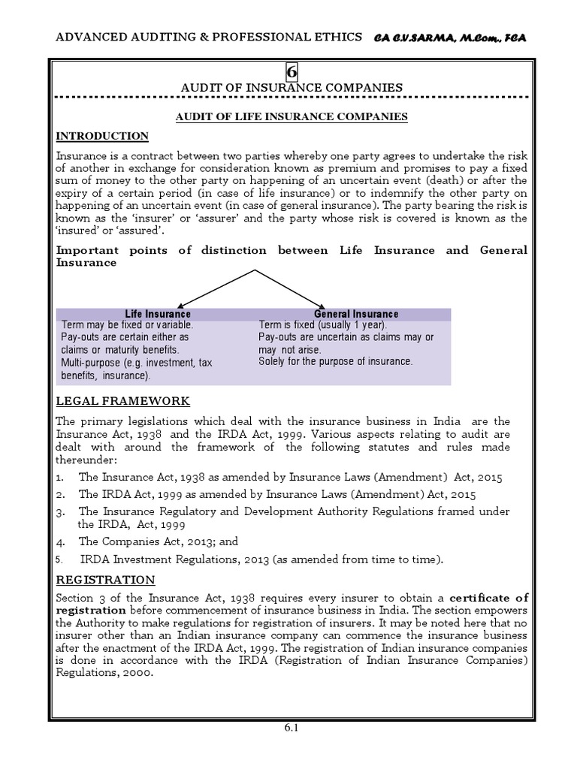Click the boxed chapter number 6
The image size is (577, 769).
(292, 71)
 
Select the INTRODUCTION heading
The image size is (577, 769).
(103, 136)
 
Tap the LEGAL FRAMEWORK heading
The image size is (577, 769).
(123, 401)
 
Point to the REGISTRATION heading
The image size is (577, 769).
(106, 580)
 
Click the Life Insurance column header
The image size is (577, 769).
(157, 313)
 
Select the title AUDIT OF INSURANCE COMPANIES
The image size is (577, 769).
(292, 88)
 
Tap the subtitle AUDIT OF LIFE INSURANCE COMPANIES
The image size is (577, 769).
(292, 116)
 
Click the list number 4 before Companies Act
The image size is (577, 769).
(61, 540)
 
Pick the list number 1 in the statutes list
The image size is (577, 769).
(60, 477)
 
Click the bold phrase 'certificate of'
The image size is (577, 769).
(489, 598)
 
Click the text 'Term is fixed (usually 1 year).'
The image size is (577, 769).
(323, 325)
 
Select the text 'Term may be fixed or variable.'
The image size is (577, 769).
(128, 325)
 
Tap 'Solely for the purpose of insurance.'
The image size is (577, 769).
(336, 361)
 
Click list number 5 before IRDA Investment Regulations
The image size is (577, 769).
(61, 559)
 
